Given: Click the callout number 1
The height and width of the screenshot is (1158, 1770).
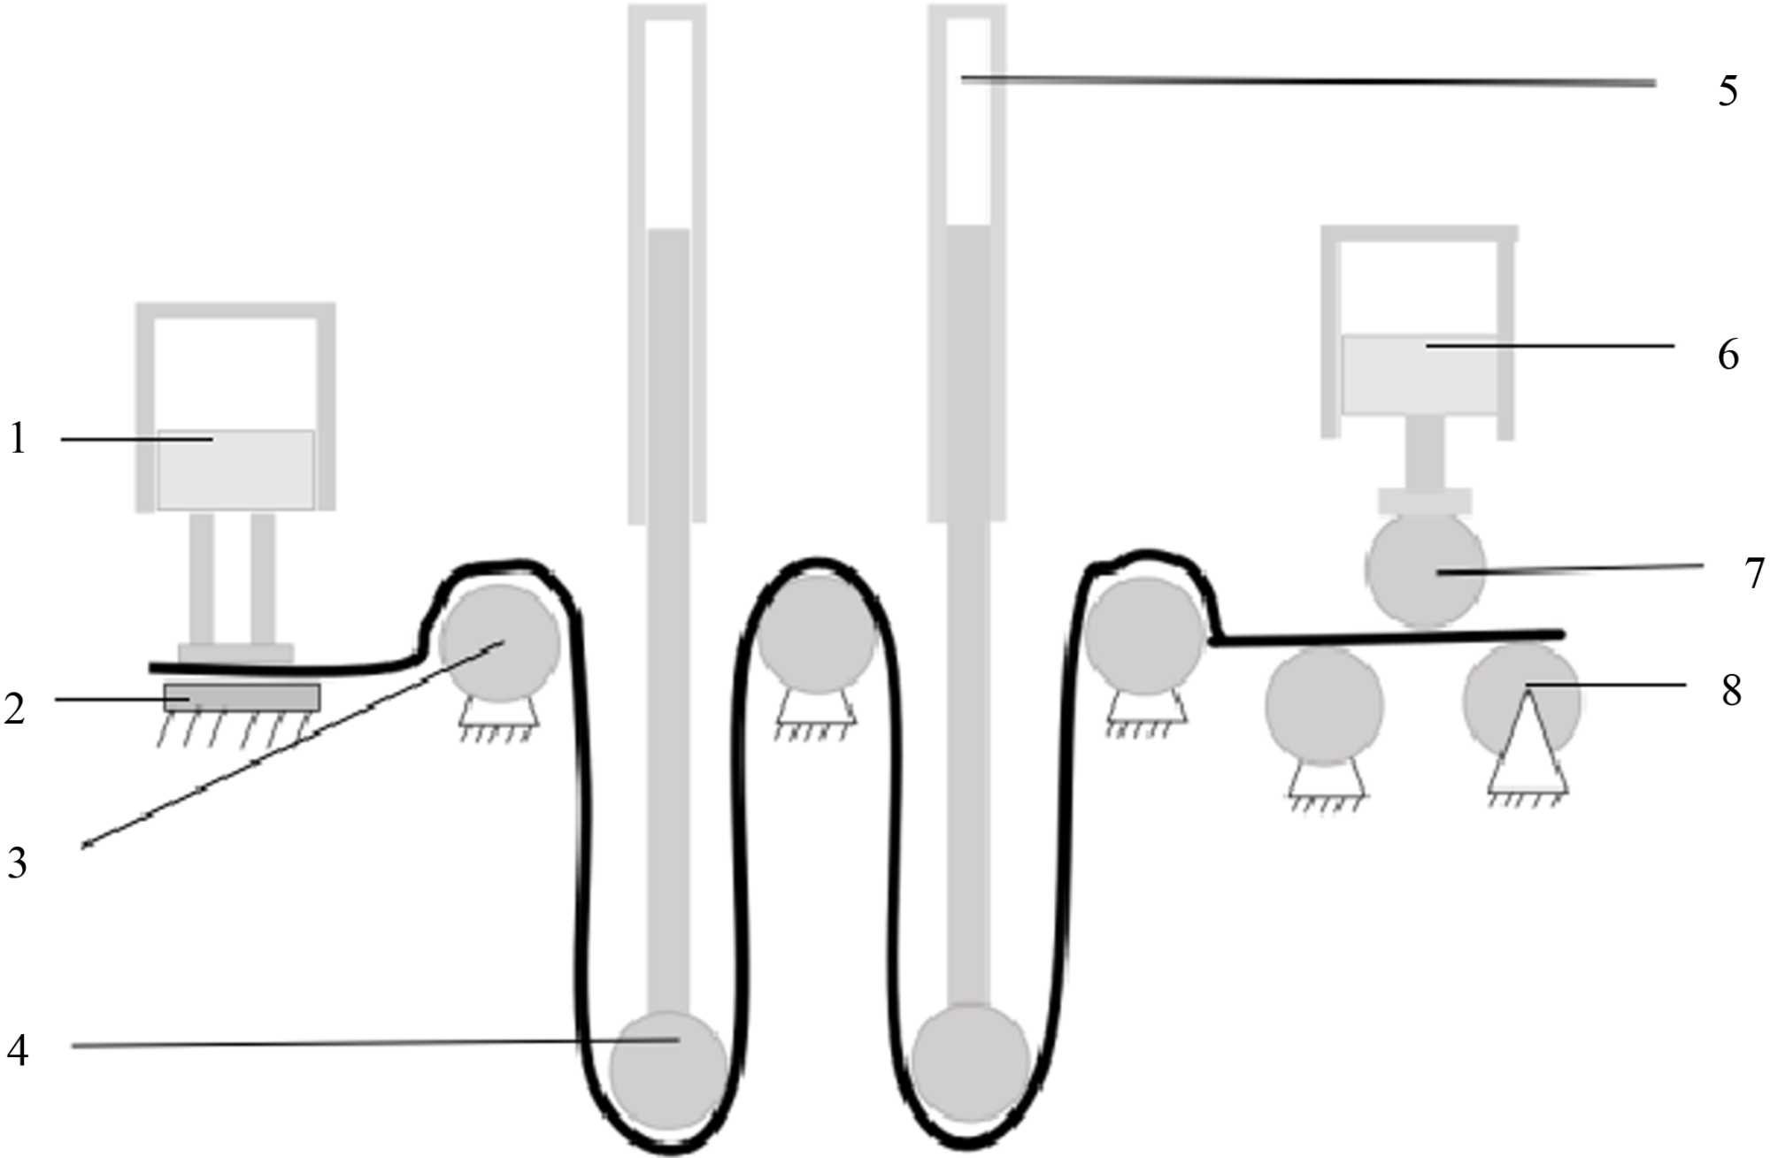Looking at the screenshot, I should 18,439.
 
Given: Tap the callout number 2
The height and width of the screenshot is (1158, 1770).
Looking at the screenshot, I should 14,709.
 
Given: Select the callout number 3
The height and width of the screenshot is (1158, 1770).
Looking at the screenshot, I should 17,863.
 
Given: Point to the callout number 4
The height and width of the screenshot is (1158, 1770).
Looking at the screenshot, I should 18,1052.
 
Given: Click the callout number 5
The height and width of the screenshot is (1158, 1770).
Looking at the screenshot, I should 1728,91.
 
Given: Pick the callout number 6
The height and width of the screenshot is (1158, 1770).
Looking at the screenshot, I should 1728,355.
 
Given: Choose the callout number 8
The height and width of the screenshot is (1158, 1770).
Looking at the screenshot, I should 1731,690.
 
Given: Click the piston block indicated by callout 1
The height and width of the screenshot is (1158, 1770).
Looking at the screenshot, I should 235,470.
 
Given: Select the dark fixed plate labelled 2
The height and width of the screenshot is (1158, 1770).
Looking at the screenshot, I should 242,697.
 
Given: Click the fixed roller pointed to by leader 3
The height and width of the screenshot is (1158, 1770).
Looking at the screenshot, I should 500,642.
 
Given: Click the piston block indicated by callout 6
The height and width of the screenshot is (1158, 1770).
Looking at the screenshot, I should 1419,374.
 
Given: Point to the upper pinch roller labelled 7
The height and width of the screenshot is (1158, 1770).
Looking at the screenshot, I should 1425,570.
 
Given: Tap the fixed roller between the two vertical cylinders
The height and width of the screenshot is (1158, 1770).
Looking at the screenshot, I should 816,635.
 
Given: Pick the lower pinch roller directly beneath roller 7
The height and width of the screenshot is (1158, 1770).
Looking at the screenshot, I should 1324,705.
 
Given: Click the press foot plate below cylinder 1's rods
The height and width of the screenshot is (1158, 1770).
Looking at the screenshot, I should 235,653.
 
